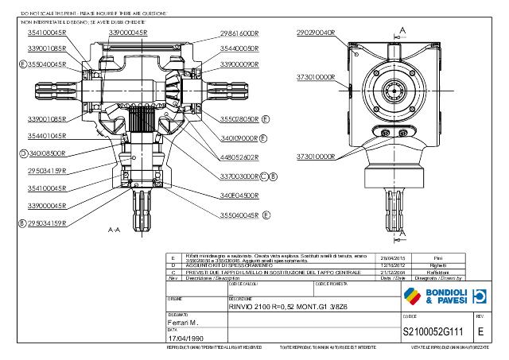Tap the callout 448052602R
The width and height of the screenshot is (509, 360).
[x=239, y=157]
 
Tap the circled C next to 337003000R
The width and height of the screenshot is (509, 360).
[x=264, y=176]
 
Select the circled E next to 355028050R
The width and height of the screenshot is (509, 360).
[x=266, y=118]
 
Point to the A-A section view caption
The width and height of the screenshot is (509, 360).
[x=114, y=229]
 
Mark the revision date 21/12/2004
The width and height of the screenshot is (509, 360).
[x=394, y=272]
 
